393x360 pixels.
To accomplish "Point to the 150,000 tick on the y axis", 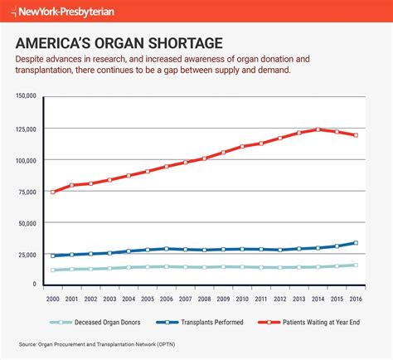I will [x=27, y=97].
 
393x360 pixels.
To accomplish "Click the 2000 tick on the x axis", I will [x=53, y=298].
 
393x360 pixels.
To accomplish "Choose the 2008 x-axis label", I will [x=205, y=298].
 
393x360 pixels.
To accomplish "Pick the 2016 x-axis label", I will [x=356, y=298].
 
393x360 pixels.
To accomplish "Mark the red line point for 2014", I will [x=318, y=129].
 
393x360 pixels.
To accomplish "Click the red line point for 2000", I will [x=53, y=192].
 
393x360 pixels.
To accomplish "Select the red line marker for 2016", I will [x=356, y=135].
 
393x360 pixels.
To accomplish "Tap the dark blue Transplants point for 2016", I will [x=356, y=243].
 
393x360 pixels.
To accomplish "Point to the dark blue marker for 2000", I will [x=53, y=255].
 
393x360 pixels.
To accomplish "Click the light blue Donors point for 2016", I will [x=356, y=265].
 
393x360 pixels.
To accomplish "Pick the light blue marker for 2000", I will [x=53, y=270].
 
